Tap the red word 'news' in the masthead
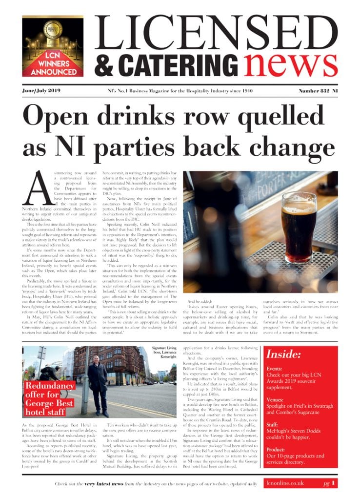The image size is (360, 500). (292, 64)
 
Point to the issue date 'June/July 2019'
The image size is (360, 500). (41, 91)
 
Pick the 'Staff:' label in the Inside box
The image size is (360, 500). (275, 426)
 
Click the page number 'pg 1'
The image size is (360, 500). (329, 483)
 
